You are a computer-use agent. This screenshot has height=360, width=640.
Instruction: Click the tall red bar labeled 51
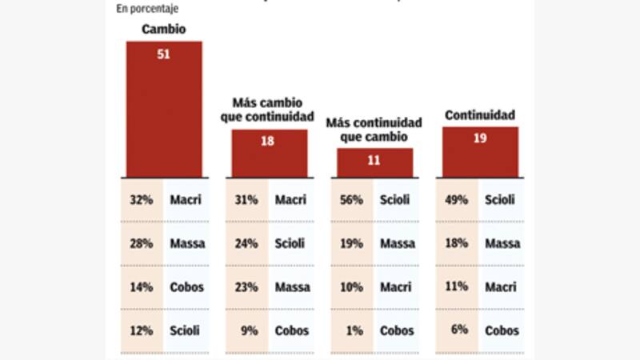pyautogui.click(x=164, y=110)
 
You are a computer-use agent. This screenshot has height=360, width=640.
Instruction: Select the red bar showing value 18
pyautogui.click(x=269, y=154)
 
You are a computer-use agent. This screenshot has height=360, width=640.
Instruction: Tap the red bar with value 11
pyautogui.click(x=374, y=162)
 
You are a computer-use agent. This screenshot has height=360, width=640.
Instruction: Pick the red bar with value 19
pyautogui.click(x=480, y=152)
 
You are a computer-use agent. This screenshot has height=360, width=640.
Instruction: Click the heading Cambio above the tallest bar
pyautogui.click(x=163, y=30)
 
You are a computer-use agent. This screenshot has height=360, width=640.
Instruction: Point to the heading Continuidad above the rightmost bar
pyautogui.click(x=480, y=115)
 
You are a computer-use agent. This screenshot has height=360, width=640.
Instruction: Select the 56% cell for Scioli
pyautogui.click(x=351, y=200)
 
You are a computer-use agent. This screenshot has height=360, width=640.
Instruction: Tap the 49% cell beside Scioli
pyautogui.click(x=456, y=200)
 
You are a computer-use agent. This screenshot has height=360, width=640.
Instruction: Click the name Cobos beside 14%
pyautogui.click(x=186, y=287)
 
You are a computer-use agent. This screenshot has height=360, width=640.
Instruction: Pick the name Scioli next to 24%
pyautogui.click(x=291, y=243)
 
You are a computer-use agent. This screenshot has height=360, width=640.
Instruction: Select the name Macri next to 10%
pyautogui.click(x=396, y=287)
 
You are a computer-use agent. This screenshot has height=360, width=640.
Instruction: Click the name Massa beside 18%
pyautogui.click(x=502, y=243)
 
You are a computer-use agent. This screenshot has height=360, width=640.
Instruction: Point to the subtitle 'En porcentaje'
pyautogui.click(x=147, y=9)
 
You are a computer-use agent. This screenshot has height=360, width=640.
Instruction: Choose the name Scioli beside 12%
pyautogui.click(x=185, y=330)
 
